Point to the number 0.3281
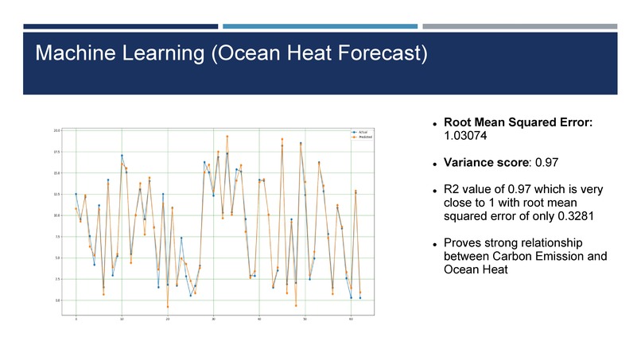(571, 215)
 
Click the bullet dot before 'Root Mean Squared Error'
(435, 124)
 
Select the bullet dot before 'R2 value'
(435, 190)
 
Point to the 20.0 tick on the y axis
(56, 130)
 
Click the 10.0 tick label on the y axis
(56, 215)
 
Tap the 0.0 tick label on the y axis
(57, 300)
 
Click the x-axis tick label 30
(213, 319)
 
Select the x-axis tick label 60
(351, 319)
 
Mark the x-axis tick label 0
(76, 319)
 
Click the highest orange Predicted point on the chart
(227, 137)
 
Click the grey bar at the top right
(519, 26)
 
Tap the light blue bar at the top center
(320, 26)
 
